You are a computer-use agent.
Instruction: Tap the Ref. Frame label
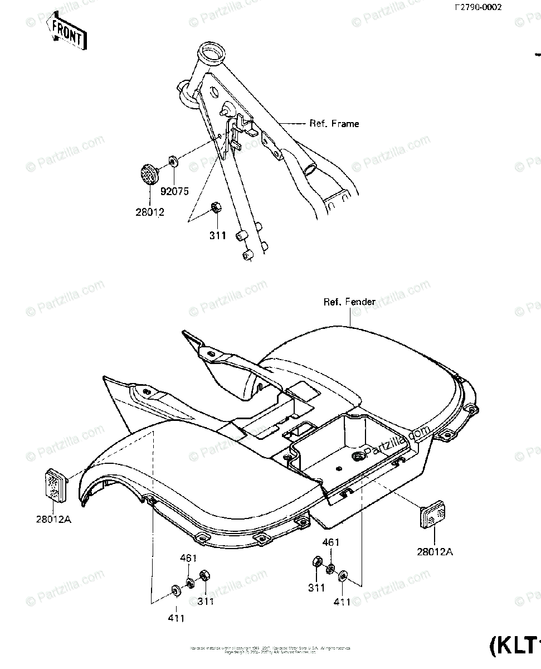point(334,124)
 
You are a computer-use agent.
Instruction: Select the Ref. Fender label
point(350,302)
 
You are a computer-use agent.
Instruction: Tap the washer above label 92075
point(173,162)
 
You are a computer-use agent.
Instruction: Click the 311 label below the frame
point(217,235)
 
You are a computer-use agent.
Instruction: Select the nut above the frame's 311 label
point(214,209)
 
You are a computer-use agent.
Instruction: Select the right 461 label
point(330,542)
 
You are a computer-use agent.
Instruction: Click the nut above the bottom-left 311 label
point(204,574)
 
